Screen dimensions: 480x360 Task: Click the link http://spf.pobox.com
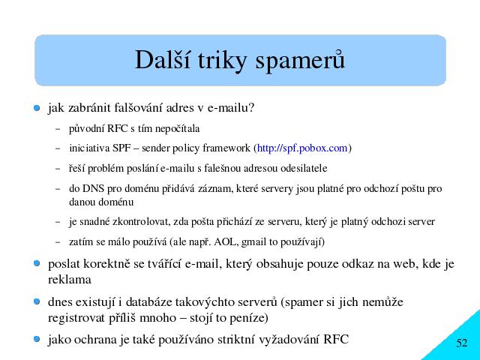click(302, 148)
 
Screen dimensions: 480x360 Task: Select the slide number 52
click(462, 343)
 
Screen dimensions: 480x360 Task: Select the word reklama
click(70, 280)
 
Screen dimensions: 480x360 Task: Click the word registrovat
click(76, 318)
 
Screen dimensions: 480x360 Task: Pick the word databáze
click(148, 302)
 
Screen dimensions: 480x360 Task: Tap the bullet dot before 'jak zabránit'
click(37, 108)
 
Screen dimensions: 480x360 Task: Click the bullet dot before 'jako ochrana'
click(37, 339)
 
